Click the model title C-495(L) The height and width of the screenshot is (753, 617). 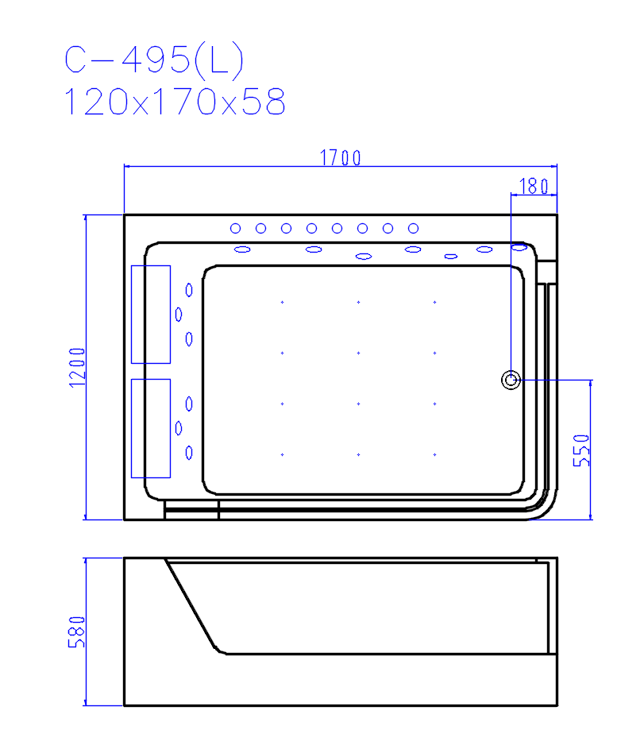tap(155, 60)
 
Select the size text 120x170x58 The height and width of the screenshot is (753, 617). tap(175, 102)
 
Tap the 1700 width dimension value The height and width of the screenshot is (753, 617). tap(341, 157)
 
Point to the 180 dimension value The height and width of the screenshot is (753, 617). tap(534, 186)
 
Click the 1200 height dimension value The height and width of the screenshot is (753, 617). tap(77, 368)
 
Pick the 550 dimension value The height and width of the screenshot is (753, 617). tap(581, 450)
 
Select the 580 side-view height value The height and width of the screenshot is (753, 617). tap(77, 632)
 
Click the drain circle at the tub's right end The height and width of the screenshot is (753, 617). tap(511, 380)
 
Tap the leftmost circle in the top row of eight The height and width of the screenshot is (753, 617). tap(235, 228)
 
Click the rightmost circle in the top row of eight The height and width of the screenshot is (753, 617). tap(414, 228)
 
